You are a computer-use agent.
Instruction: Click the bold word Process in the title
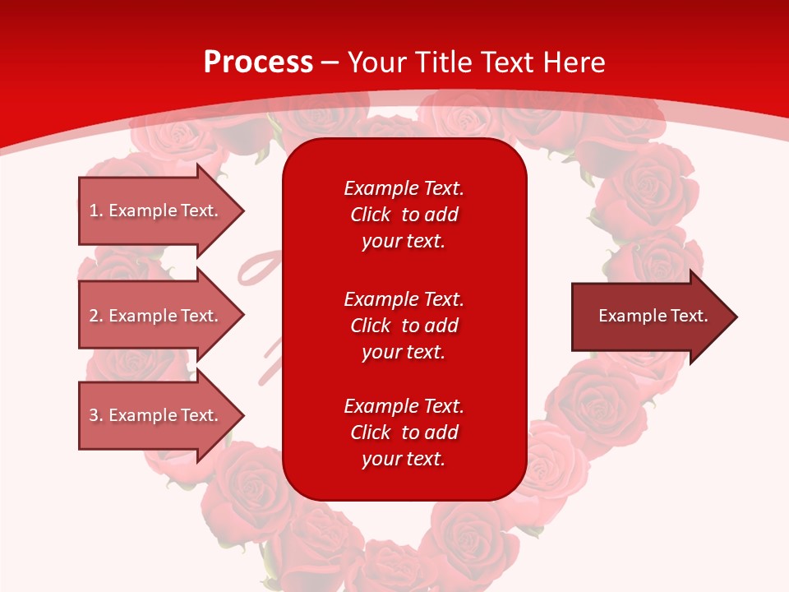[x=258, y=62]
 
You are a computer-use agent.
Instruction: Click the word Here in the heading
[x=573, y=62]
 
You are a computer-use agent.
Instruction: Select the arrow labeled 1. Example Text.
[x=154, y=210]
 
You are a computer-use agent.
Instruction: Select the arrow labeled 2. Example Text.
[x=154, y=316]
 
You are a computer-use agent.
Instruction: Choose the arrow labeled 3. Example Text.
[x=154, y=415]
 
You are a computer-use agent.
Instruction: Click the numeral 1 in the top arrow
[x=93, y=210]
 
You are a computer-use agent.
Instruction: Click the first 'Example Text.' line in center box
[x=404, y=188]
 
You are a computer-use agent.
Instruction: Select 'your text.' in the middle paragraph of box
[x=404, y=352]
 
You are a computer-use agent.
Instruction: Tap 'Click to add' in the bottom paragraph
[x=404, y=432]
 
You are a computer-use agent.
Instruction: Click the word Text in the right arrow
[x=689, y=316]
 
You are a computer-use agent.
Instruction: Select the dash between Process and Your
[x=330, y=62]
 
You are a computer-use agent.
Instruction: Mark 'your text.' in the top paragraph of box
[x=404, y=241]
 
